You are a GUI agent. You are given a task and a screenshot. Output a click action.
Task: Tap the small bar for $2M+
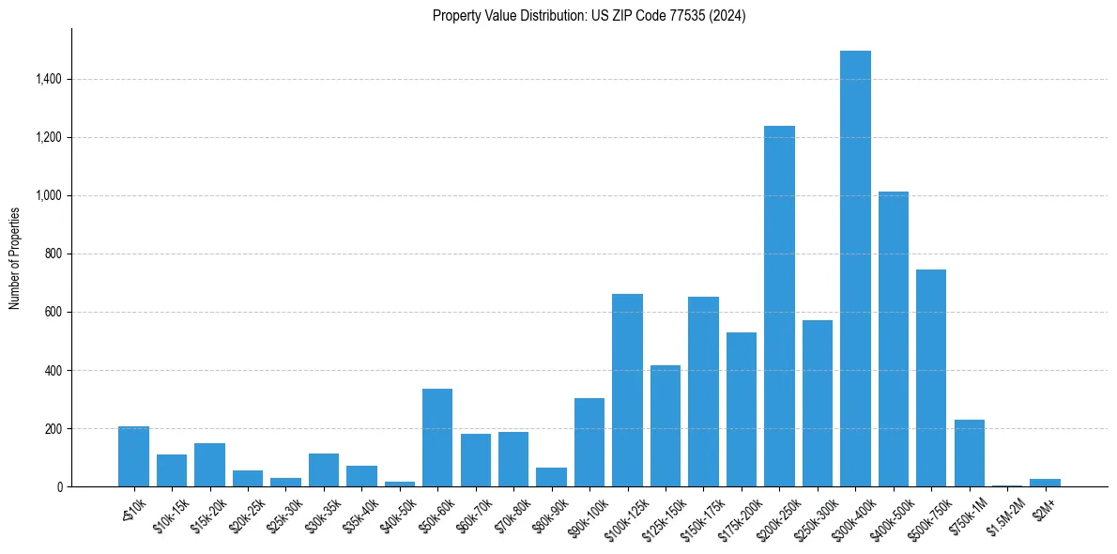(x=1045, y=483)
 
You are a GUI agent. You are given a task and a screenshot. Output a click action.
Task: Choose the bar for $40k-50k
(x=400, y=484)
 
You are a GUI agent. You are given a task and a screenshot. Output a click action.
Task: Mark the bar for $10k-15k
(x=172, y=470)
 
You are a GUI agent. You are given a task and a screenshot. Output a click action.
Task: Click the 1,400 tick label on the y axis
(x=49, y=80)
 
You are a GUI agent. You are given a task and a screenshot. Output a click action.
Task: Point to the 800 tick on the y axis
(x=54, y=254)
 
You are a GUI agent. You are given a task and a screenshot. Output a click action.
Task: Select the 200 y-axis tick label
(x=54, y=429)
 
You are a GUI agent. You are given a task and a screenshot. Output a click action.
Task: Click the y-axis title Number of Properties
(x=15, y=258)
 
